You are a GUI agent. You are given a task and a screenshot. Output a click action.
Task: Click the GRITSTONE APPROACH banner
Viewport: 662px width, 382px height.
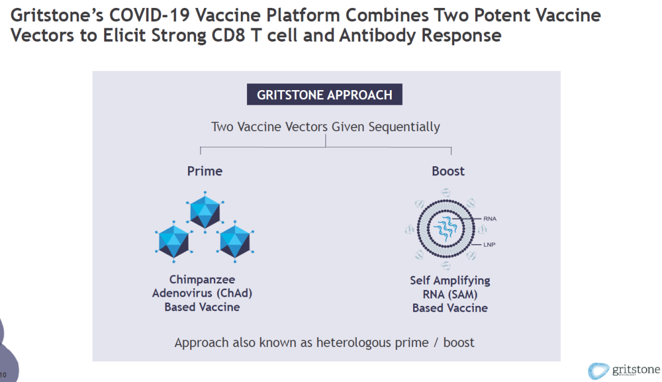click(x=324, y=94)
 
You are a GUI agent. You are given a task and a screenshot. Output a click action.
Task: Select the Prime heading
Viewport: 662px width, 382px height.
click(x=205, y=171)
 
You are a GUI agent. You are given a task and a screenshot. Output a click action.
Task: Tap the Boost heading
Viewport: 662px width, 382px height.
click(x=448, y=171)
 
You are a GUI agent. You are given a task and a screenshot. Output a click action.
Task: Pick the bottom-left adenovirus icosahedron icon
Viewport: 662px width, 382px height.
click(x=174, y=241)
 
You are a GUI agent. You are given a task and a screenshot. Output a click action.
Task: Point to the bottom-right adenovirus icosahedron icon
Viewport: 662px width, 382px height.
click(x=235, y=241)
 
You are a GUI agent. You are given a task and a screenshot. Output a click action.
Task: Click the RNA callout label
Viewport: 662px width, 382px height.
click(x=490, y=219)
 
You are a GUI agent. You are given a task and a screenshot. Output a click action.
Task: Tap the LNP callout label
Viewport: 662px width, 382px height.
click(x=489, y=245)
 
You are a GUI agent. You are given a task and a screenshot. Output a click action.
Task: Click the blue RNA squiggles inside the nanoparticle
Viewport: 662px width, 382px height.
click(x=446, y=228)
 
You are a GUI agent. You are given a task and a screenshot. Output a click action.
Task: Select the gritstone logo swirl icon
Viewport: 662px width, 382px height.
click(x=598, y=371)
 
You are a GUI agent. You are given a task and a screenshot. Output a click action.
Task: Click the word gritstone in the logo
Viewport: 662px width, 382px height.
click(x=636, y=370)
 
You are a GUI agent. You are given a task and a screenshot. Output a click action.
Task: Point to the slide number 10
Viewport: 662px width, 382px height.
click(x=4, y=375)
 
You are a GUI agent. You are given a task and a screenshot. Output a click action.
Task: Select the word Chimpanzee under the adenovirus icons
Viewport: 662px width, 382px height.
click(x=202, y=280)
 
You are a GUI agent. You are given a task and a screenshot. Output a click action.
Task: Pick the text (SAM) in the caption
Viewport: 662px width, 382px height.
click(x=461, y=294)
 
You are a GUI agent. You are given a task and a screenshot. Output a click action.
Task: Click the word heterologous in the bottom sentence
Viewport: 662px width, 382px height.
click(x=354, y=342)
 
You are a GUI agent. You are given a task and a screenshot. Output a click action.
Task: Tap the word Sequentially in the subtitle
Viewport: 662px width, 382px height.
click(x=404, y=127)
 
